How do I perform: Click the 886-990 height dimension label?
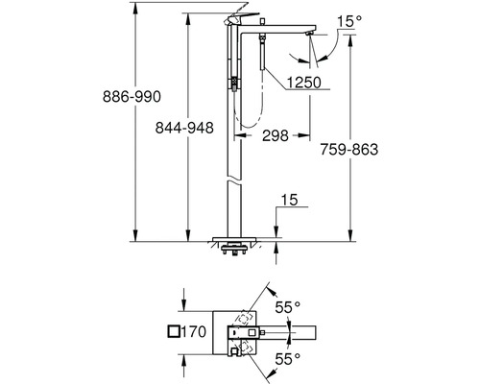point(132,96)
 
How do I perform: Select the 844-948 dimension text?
point(184,128)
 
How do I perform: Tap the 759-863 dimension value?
point(349,150)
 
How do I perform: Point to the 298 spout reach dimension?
point(276,135)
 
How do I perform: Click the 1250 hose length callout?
point(303,83)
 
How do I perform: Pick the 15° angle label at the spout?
point(349,21)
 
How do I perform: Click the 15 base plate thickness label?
point(289,200)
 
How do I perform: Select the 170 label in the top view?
point(194,331)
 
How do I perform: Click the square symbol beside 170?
point(174,331)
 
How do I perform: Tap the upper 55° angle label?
point(288,307)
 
